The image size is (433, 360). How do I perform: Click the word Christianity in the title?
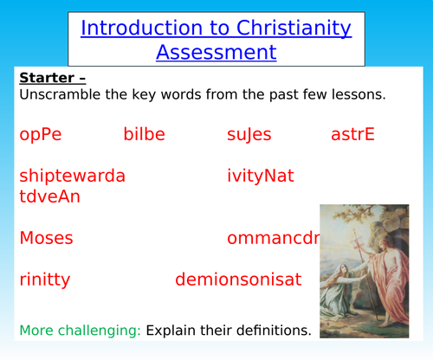pyautogui.click(x=291, y=28)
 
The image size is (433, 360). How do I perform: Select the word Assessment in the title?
pyautogui.click(x=216, y=52)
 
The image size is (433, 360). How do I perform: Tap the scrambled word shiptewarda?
pyautogui.click(x=72, y=176)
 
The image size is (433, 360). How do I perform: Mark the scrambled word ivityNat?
pyautogui.click(x=261, y=176)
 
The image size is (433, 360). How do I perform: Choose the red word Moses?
pyautogui.click(x=46, y=238)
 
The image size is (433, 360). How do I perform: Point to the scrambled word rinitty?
pyautogui.click(x=44, y=280)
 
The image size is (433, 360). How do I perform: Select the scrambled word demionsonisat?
pyautogui.click(x=238, y=280)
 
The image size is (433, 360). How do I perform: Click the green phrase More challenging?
pyautogui.click(x=80, y=330)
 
